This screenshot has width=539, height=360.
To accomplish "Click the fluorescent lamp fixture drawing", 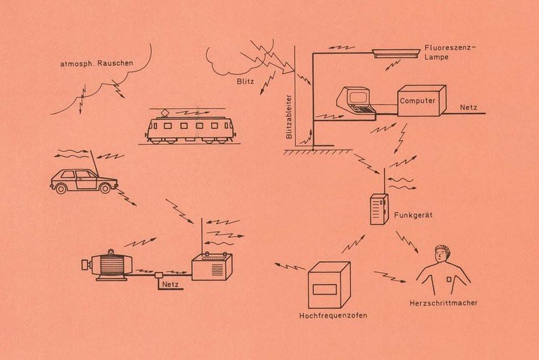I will tap(396, 54).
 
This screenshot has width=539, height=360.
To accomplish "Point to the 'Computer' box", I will tap(418, 101).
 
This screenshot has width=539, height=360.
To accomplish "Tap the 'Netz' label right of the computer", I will tap(469, 107).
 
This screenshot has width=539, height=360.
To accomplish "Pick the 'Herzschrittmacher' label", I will tap(443, 303).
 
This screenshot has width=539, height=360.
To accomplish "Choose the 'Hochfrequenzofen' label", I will tap(333, 315).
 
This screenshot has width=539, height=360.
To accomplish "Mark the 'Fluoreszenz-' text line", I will tap(450, 48).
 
